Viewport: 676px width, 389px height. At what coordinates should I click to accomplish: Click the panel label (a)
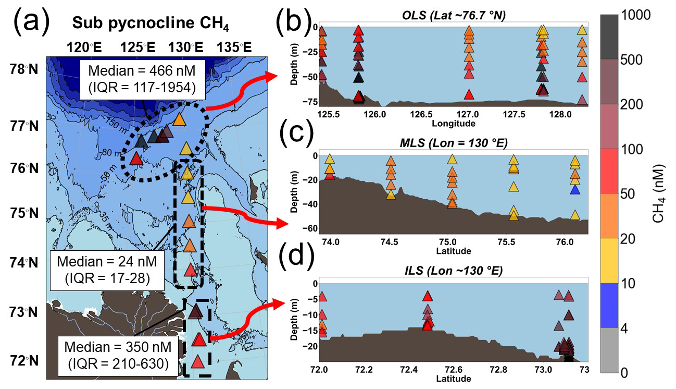[x=31, y=23]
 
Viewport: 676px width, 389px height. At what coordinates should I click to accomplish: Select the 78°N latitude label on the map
[x=23, y=69]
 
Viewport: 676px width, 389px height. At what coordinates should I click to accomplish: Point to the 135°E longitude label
[x=234, y=48]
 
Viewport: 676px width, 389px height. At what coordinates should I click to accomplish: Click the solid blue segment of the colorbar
[x=608, y=305]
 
